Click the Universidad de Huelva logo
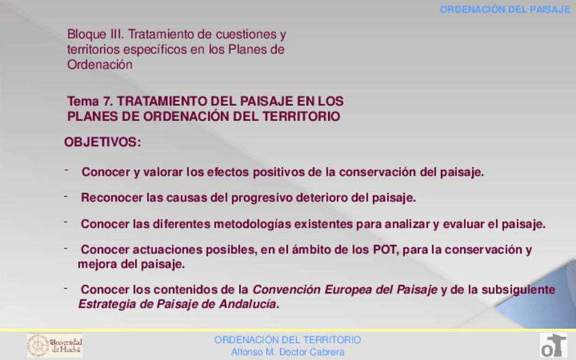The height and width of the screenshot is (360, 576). coord(54,345)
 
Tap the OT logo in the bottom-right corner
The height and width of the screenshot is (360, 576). coord(553,345)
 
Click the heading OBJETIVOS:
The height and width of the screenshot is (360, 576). coord(103,143)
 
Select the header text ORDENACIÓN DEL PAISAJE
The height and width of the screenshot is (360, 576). coord(504,10)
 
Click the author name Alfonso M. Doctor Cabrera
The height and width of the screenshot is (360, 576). coord(287,352)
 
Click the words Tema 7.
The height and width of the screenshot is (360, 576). coord(90,101)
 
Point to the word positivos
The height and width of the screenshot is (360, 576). coord(278,172)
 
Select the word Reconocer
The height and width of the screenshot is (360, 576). coord(112,198)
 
